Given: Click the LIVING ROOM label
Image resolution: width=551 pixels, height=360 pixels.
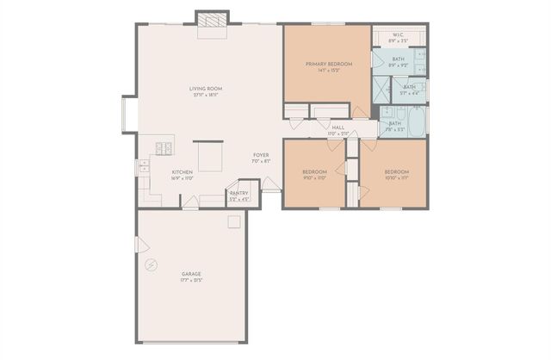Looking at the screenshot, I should (207, 88).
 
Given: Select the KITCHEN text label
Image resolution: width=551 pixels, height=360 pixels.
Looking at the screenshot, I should (182, 172).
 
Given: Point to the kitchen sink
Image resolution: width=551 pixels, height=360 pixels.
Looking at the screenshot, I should (145, 167).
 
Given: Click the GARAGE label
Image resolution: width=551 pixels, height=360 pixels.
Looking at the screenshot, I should (191, 274).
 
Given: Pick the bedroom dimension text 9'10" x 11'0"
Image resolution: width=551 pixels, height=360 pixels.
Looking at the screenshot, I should (313, 178).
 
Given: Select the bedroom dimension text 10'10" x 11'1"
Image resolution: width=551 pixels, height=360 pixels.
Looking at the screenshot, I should (396, 178).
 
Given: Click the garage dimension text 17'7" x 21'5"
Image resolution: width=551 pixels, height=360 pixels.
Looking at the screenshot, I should (191, 280).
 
